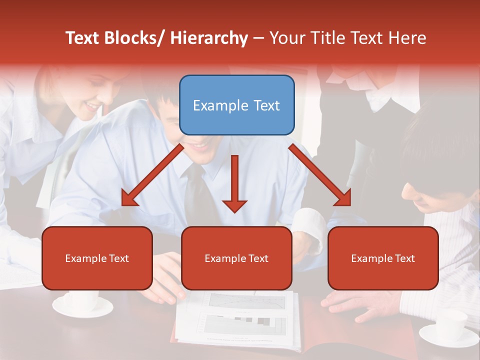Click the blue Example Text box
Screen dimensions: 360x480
(x=236, y=105)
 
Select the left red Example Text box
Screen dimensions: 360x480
(x=97, y=258)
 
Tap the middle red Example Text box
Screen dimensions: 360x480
(x=236, y=258)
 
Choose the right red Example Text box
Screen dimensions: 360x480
(x=383, y=258)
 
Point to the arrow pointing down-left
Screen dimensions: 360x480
(x=153, y=175)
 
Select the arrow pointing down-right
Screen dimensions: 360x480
(x=320, y=175)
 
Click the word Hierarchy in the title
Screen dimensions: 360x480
(x=209, y=38)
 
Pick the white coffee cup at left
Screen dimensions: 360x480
(x=82, y=302)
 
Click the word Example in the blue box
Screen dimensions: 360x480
(x=214, y=105)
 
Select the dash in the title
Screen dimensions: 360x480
(x=258, y=38)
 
